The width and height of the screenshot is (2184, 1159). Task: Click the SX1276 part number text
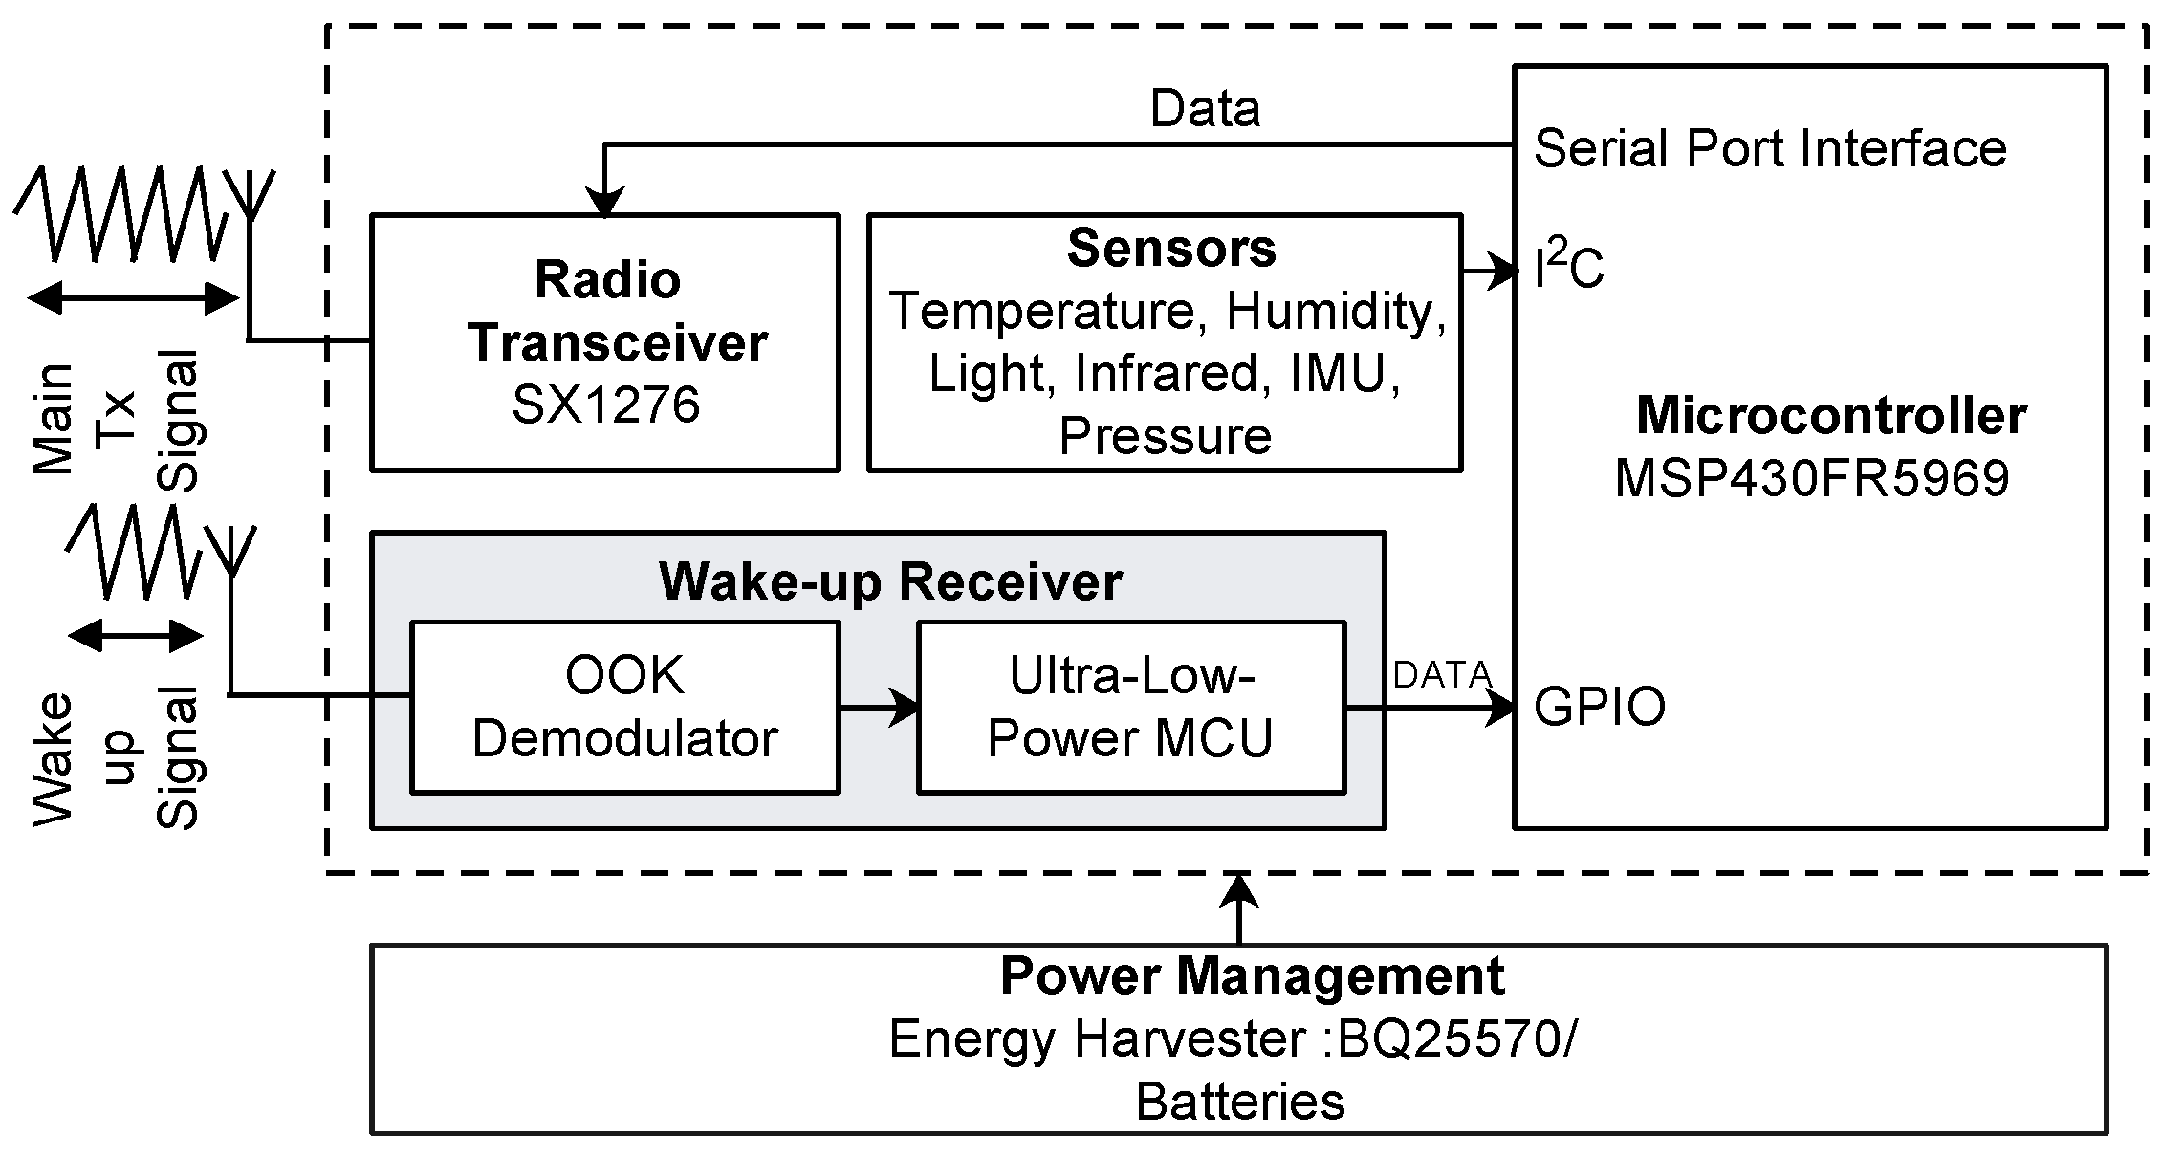605,405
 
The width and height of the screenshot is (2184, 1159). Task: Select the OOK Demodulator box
624,707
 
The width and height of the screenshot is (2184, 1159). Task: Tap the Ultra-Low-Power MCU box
1130,707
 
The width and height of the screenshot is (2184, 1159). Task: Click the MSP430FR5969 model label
1811,477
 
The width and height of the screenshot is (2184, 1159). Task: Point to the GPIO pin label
1600,708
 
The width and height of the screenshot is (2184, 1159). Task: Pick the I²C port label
1568,269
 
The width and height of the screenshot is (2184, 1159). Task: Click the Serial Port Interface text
1769,149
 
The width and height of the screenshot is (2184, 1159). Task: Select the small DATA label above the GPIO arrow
1442,675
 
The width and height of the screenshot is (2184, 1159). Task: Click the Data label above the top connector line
1205,108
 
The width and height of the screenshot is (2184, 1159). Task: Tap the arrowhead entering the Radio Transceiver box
603,202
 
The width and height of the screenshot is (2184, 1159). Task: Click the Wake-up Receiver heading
890,581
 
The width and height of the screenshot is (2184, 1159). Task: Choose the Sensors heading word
1170,248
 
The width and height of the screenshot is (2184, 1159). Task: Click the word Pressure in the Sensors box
1165,436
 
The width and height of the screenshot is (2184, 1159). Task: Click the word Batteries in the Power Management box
1240,1102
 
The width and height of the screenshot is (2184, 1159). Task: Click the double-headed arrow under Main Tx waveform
133,298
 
